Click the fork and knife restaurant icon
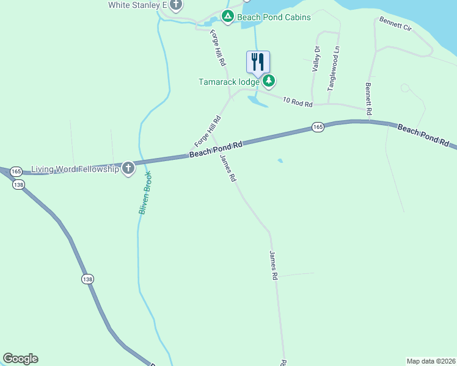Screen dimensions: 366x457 tap(258, 62)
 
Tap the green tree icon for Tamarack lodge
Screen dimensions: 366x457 tap(269, 81)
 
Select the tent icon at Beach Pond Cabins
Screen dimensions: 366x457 tap(228, 17)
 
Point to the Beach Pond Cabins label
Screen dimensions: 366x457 tap(274, 18)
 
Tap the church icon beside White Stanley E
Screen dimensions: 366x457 tap(177, 5)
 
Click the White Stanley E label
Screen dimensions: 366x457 tap(137, 5)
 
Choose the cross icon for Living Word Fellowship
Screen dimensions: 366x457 tap(128, 168)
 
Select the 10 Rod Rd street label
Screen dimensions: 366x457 tap(298, 102)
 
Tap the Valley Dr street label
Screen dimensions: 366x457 tap(316, 60)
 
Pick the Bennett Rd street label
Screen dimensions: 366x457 tap(368, 99)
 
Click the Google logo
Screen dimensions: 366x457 tap(20, 359)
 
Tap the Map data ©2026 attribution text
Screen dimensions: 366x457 tap(431, 361)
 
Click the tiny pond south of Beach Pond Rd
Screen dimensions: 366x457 tap(280, 161)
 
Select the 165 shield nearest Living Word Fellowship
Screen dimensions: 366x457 tap(16, 171)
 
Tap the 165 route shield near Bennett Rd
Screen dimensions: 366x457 tap(317, 127)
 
